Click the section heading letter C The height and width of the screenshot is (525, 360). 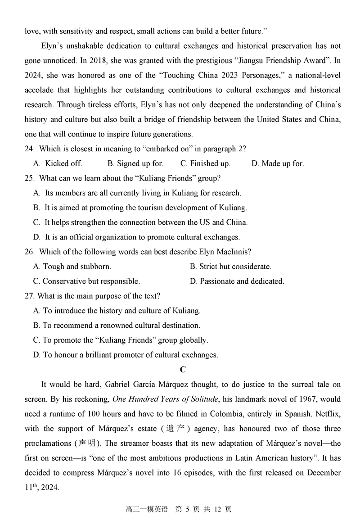[x=182, y=370]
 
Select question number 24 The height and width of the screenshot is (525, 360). [x=30, y=149]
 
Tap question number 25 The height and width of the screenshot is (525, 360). [x=30, y=178]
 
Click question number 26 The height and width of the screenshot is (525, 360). [x=30, y=252]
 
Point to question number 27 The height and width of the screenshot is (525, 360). [x=30, y=296]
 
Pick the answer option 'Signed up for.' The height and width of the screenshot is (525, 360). [x=139, y=163]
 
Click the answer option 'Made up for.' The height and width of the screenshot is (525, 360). [x=283, y=163]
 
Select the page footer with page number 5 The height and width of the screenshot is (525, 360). [x=180, y=509]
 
